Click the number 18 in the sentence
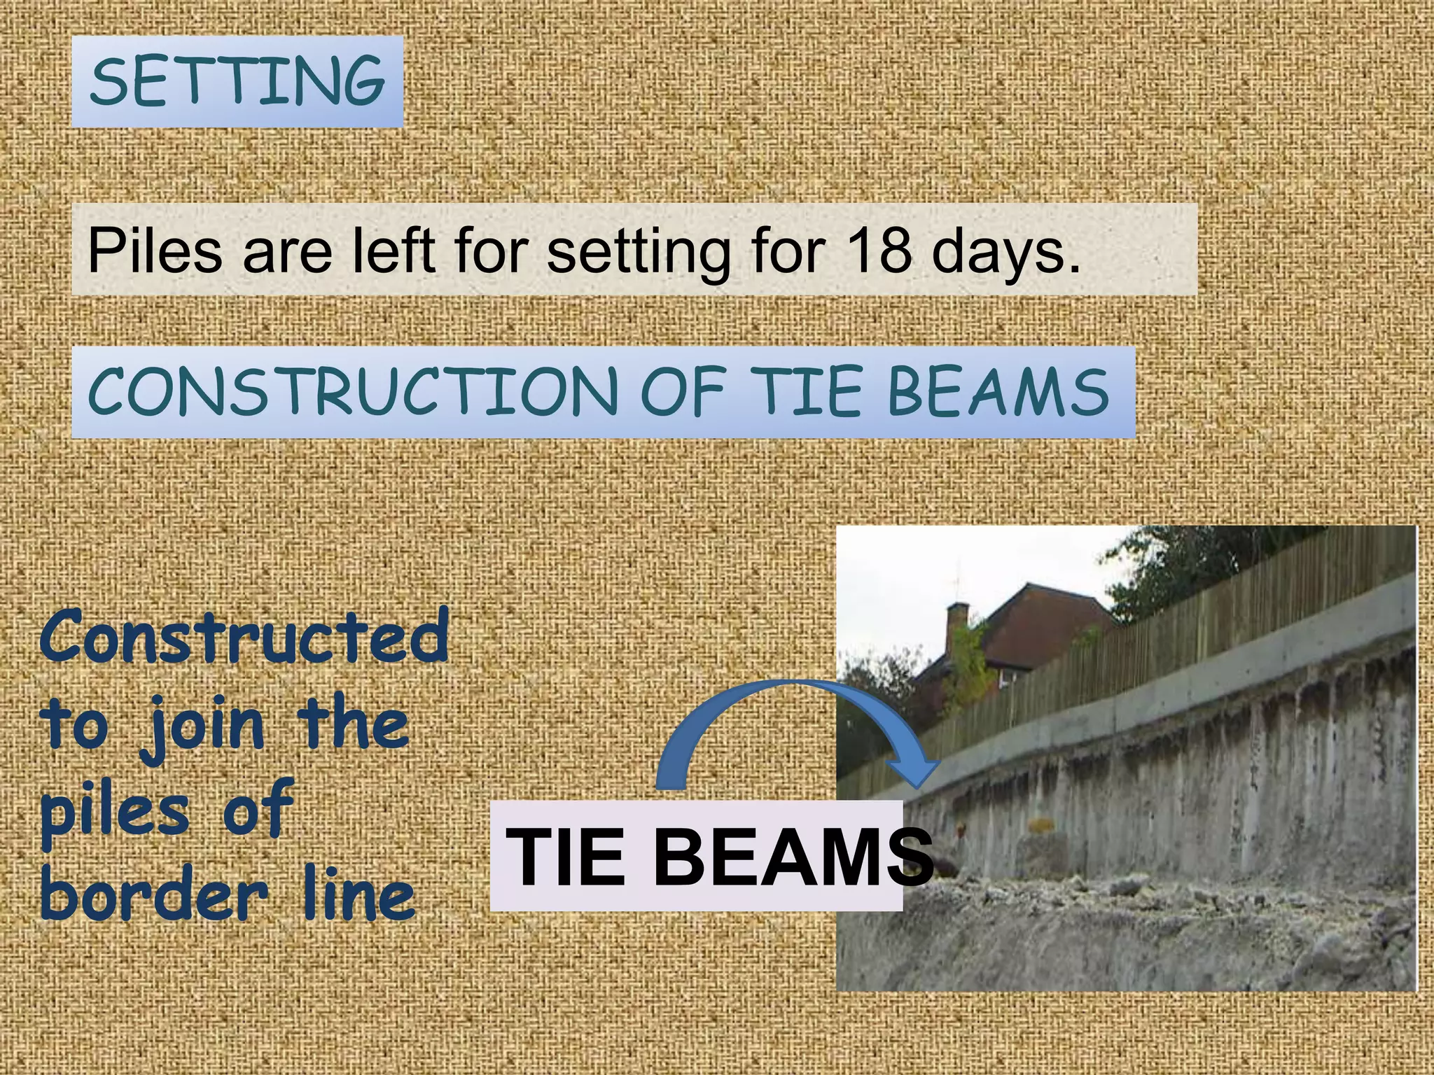point(878,250)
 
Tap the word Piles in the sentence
point(155,250)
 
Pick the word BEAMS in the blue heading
point(998,392)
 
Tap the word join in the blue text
point(202,725)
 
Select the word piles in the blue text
point(116,812)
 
